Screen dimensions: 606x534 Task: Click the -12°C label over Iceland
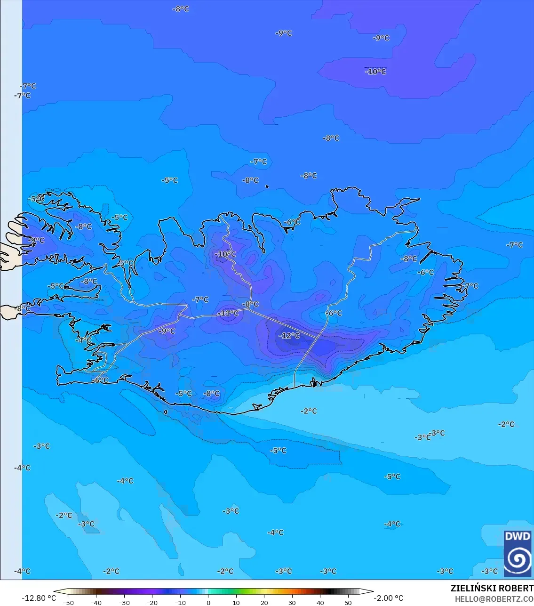point(289,336)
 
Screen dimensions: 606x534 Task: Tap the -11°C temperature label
point(228,313)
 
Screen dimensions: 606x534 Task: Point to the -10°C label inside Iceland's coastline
point(225,254)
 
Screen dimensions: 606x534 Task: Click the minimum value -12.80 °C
point(39,598)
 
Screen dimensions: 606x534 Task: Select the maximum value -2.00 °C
point(388,598)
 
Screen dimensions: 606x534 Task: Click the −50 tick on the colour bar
point(68,603)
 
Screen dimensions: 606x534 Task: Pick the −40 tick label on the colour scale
point(96,603)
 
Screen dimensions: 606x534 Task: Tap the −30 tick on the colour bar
point(124,603)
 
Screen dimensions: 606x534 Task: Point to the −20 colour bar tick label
point(152,603)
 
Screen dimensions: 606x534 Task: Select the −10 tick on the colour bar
point(180,603)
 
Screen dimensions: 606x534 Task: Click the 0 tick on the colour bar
point(208,603)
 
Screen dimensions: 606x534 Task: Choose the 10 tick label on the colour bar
point(236,603)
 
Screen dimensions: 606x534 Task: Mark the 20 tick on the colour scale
point(264,603)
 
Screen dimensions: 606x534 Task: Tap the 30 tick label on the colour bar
point(292,603)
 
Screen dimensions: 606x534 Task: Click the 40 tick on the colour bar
point(320,603)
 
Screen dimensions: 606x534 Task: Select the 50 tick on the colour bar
point(348,603)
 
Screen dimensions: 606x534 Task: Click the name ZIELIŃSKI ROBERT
point(492,588)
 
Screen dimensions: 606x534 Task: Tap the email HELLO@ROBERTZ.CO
point(494,599)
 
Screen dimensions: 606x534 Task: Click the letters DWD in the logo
point(517,536)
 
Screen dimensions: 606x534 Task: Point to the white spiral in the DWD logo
point(517,559)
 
